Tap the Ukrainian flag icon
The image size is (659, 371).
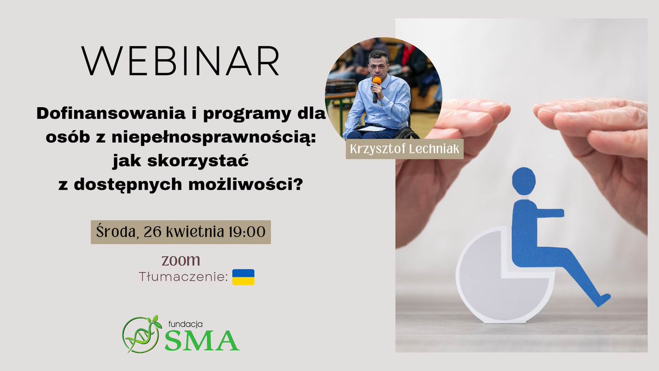point(243,277)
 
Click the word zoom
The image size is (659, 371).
point(181,259)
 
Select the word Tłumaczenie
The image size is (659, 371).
point(183,278)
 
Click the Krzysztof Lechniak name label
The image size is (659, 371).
point(404,149)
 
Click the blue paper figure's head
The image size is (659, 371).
point(523,181)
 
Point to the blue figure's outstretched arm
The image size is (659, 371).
point(546,213)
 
